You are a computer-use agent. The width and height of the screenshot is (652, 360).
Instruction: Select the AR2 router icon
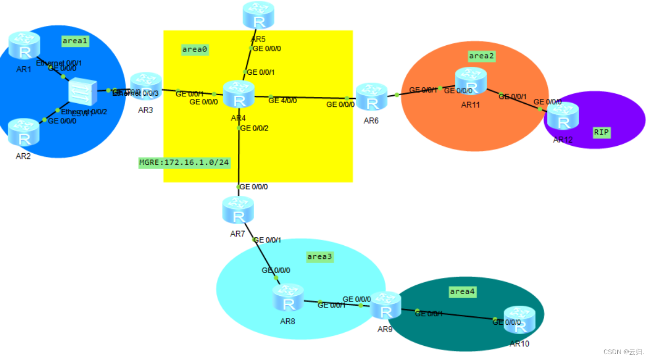pos(24,132)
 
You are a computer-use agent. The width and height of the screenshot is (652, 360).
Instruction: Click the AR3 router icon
pos(146,87)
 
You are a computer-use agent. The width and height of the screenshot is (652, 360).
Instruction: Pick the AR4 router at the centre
pos(239,95)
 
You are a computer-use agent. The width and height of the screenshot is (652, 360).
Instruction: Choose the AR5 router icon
pos(258,15)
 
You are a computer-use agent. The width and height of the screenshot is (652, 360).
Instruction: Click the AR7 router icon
pos(238,211)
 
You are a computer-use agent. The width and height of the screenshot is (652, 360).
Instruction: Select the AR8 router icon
pos(288,297)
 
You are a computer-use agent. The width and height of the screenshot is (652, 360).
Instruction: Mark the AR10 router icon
pos(519,320)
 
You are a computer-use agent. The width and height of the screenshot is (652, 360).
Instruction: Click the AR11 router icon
pos(470,82)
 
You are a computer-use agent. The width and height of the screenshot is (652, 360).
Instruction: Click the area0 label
pos(195,49)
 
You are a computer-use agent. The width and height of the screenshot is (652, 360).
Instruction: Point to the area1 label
pos(75,41)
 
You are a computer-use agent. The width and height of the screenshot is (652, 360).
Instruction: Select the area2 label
pos(482,56)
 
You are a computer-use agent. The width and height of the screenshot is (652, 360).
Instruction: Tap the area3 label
pos(320,257)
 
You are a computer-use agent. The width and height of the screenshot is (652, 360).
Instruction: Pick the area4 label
pos(463,292)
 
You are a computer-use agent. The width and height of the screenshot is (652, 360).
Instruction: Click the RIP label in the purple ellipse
pos(601,132)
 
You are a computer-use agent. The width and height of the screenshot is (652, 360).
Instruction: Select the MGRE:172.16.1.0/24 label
pos(184,163)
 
